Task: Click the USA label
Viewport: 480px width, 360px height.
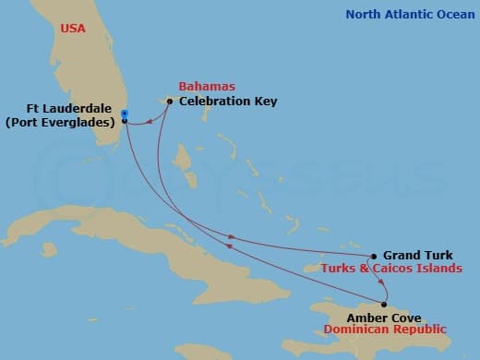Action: (73, 30)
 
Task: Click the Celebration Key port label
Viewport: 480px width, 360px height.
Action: (228, 101)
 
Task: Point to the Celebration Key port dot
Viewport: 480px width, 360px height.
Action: (169, 101)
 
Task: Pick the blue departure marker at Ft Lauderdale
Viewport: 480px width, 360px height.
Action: (125, 114)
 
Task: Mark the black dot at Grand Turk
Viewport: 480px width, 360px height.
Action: (373, 257)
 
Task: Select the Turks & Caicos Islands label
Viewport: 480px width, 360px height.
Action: (391, 269)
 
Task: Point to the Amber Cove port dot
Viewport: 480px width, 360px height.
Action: (384, 305)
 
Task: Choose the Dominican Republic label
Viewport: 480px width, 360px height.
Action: (385, 330)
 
